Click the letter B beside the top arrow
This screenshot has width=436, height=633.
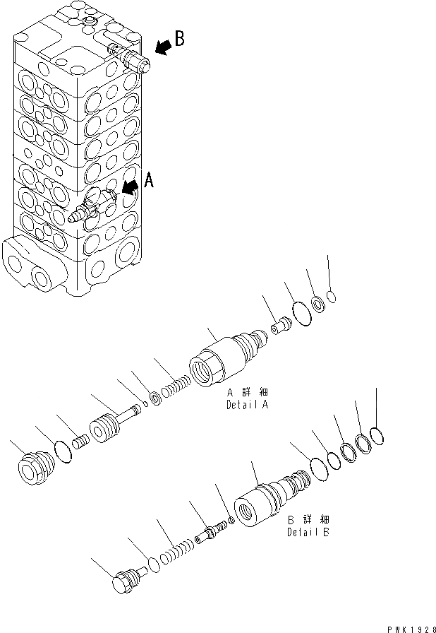pyautogui.click(x=179, y=39)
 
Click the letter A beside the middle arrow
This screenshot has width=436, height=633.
pyautogui.click(x=148, y=182)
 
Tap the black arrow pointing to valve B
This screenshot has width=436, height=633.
pyautogui.click(x=162, y=47)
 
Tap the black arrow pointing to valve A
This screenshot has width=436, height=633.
pyautogui.click(x=131, y=187)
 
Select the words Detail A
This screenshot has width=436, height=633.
pyautogui.click(x=247, y=400)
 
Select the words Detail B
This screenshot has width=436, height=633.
pyautogui.click(x=308, y=527)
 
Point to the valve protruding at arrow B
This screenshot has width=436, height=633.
pyautogui.click(x=131, y=58)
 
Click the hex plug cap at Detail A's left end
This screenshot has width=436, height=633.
pyautogui.click(x=35, y=468)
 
